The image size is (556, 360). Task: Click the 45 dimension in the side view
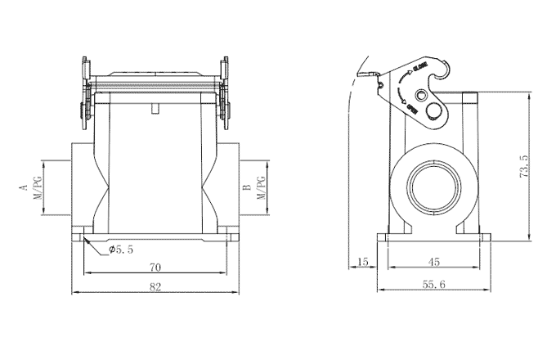[434, 262]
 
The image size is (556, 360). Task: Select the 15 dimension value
[362, 262]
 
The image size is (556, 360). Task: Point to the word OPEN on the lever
[412, 106]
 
